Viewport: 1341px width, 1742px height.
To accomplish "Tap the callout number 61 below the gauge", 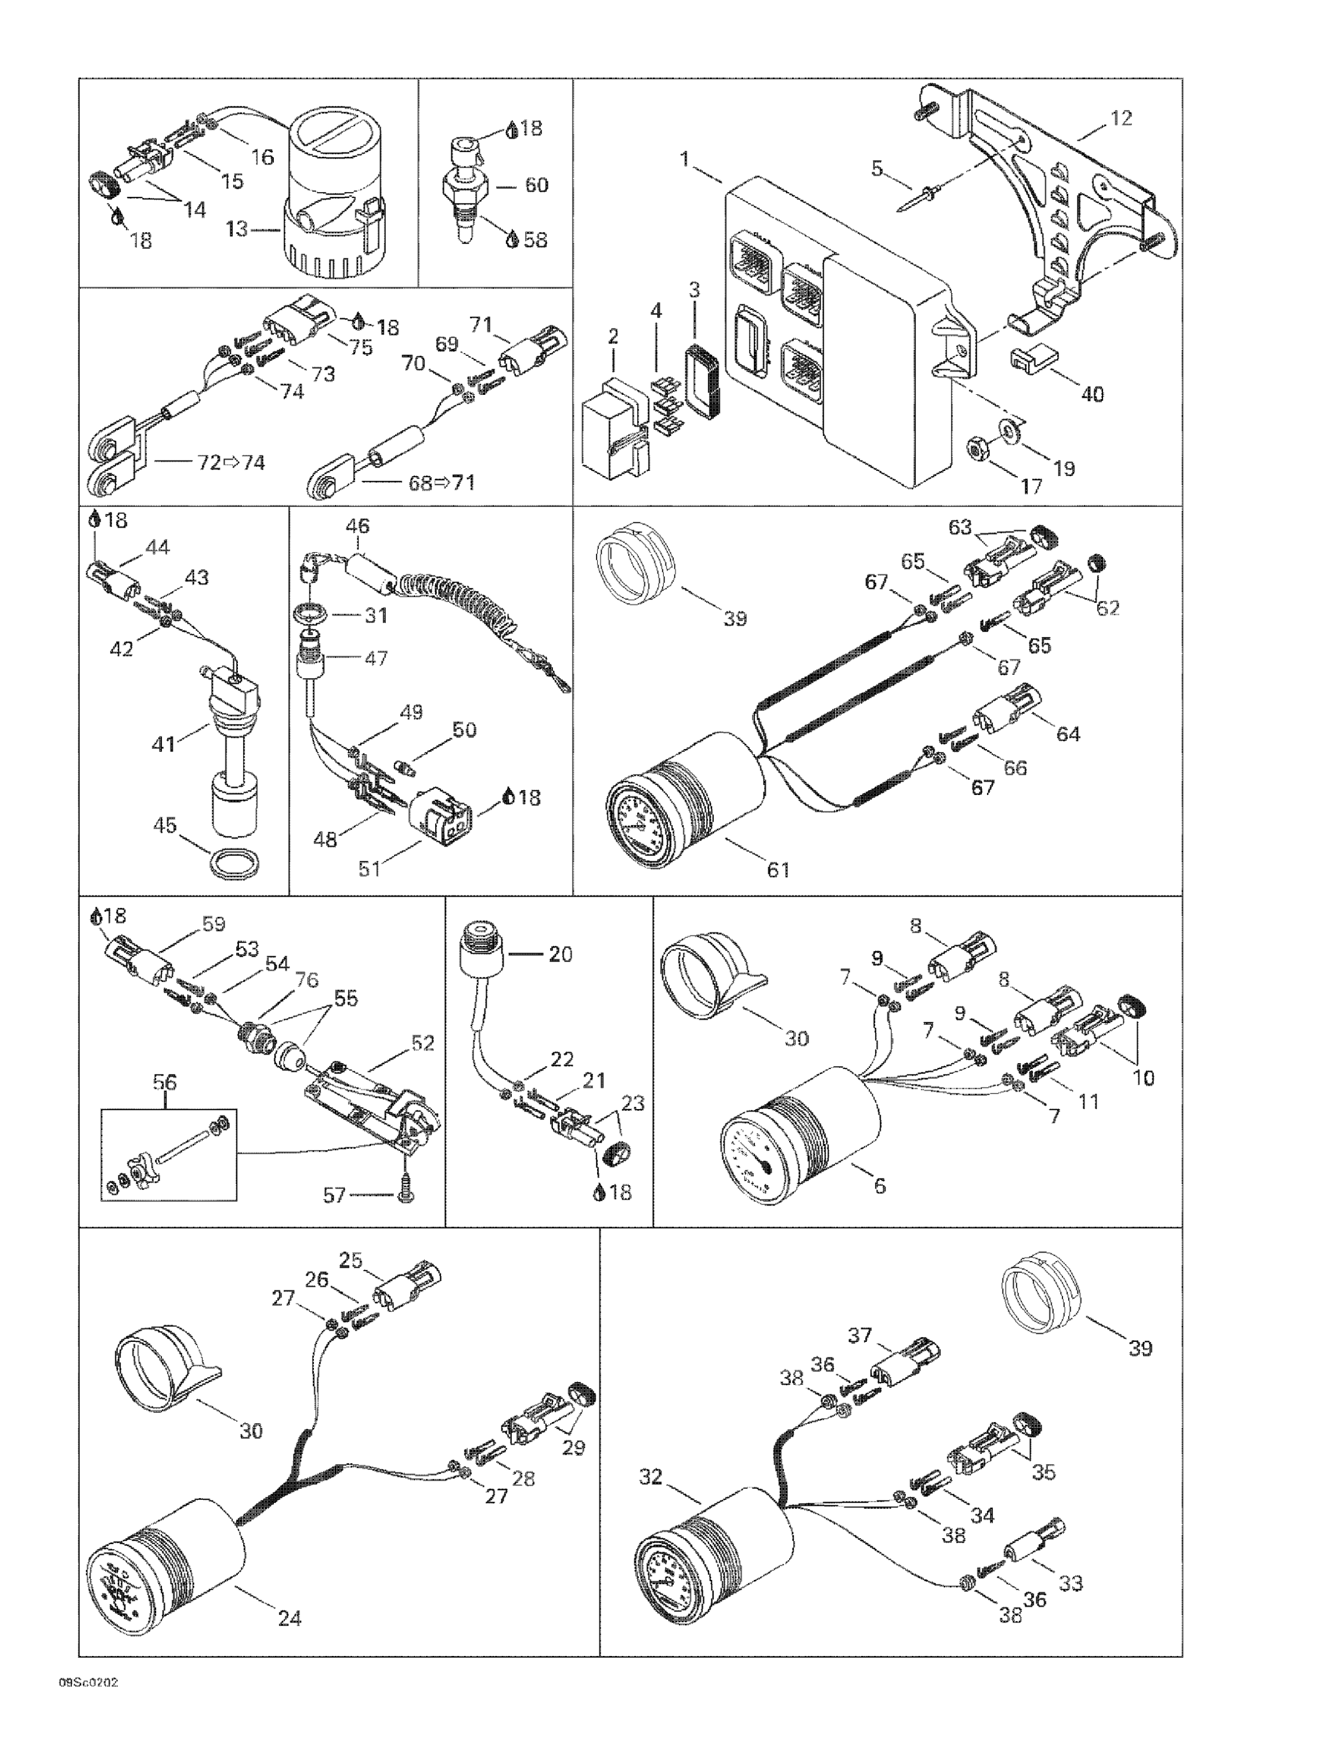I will point(778,869).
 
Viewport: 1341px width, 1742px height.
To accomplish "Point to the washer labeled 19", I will point(1012,431).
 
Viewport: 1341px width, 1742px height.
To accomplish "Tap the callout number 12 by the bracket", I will point(1120,118).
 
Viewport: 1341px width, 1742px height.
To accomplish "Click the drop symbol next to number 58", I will point(512,239).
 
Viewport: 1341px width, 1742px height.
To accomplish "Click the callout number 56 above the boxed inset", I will point(165,1082).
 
